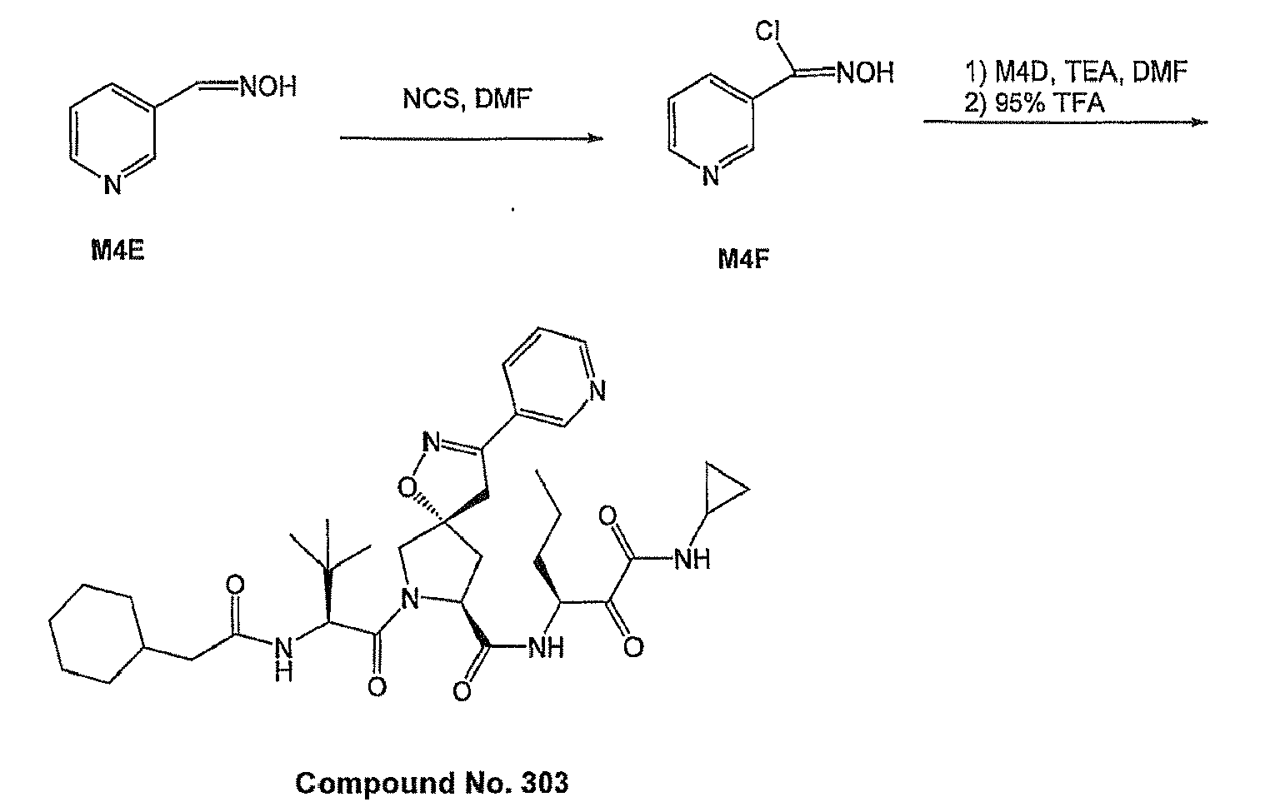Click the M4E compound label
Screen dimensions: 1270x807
click(x=118, y=250)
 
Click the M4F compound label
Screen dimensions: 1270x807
click(x=743, y=260)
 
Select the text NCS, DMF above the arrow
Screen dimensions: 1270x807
click(x=467, y=99)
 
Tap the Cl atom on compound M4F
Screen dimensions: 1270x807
click(x=768, y=31)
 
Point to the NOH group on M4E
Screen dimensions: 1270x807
click(x=268, y=87)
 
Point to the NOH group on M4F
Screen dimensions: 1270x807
click(x=865, y=72)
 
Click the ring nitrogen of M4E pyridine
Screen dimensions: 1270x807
click(x=112, y=186)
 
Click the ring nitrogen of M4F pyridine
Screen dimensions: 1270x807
click(x=710, y=176)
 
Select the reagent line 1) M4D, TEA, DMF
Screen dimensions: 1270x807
click(x=1076, y=72)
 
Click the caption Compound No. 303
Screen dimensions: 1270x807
click(x=432, y=783)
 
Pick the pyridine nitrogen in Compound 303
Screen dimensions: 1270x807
click(x=597, y=391)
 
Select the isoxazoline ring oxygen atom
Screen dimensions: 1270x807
click(x=407, y=488)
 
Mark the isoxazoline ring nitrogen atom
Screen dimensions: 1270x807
click(x=432, y=442)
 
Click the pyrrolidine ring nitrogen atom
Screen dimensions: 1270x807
click(x=409, y=599)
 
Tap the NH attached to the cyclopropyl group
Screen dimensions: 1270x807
click(x=692, y=560)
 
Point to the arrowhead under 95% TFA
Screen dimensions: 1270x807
click(x=1200, y=122)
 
